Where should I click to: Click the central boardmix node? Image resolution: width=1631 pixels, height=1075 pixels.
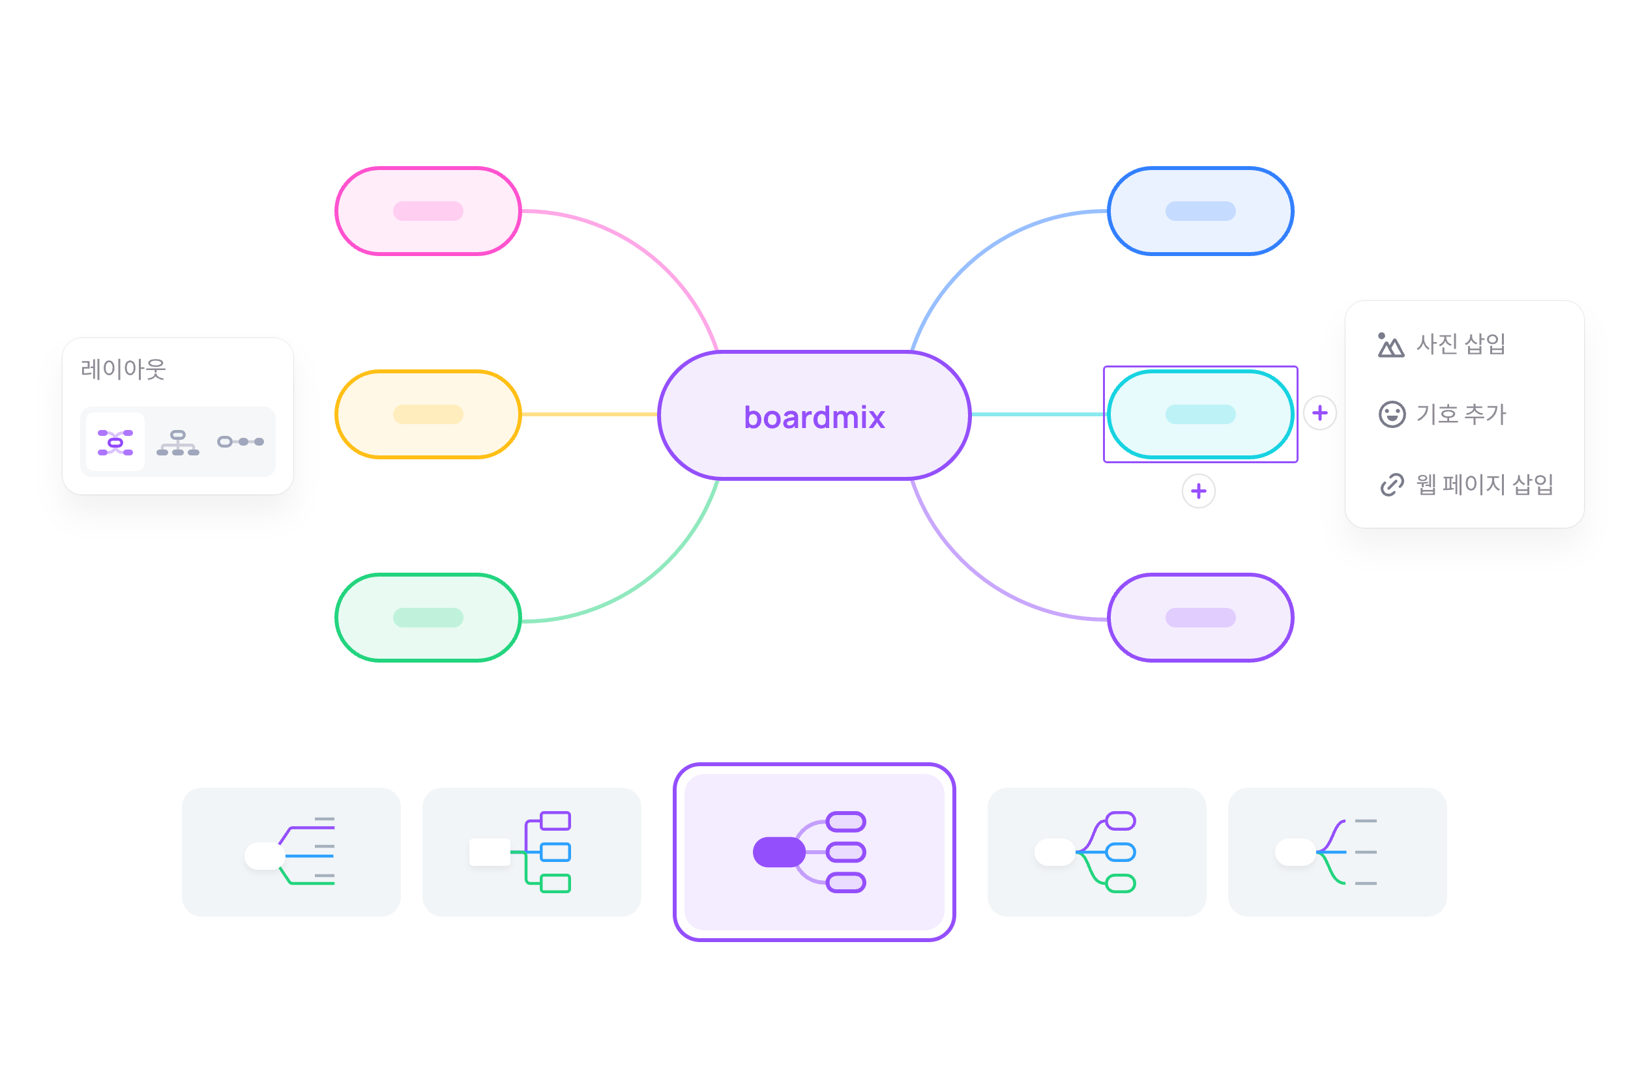point(814,415)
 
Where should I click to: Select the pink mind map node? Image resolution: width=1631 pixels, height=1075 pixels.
point(428,211)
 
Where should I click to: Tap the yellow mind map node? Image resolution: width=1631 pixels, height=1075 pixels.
point(428,414)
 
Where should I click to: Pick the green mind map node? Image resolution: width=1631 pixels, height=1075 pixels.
point(428,617)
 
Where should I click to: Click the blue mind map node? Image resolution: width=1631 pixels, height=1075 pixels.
point(1199,211)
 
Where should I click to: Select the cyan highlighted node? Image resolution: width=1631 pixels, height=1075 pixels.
point(1199,414)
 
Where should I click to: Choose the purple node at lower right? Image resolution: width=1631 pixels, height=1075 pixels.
point(1199,617)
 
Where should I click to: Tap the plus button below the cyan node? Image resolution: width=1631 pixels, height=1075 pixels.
point(1198,491)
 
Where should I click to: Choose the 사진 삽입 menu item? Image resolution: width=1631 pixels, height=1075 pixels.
point(1442,343)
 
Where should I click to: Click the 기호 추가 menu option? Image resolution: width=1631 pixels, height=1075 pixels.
point(1442,414)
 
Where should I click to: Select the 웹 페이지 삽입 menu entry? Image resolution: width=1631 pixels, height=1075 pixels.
point(1465,484)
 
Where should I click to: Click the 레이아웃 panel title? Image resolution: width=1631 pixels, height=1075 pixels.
point(123,369)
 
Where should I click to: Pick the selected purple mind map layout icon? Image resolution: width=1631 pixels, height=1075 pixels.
point(115,442)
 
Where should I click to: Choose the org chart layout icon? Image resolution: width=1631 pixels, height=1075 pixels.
point(178,442)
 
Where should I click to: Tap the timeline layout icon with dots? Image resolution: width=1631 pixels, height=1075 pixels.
point(240,442)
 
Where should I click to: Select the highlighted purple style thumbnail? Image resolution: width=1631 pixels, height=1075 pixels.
point(814,852)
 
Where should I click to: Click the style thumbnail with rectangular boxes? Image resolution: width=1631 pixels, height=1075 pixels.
point(531,852)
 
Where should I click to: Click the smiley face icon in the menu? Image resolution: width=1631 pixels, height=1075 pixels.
point(1392,414)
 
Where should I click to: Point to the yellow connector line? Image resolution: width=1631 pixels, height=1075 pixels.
point(589,414)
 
